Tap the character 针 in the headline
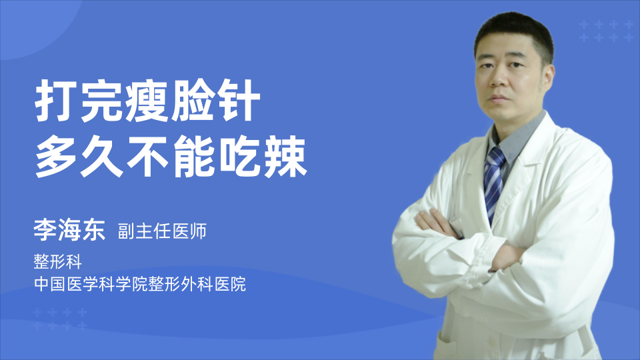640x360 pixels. tap(237, 101)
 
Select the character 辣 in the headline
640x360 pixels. tap(285, 157)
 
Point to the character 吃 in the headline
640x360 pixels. tap(240, 157)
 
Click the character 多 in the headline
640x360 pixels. tap(56, 157)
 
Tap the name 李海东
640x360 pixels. tap(69, 230)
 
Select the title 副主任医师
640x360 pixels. tap(162, 231)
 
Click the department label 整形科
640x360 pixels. tap(57, 261)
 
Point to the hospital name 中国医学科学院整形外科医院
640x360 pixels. tap(140, 284)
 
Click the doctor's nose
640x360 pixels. tap(497, 79)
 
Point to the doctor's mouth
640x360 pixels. tap(499, 99)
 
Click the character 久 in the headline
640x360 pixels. tap(102, 157)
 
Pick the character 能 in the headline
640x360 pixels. tap(193, 157)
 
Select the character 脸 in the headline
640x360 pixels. tap(193, 101)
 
